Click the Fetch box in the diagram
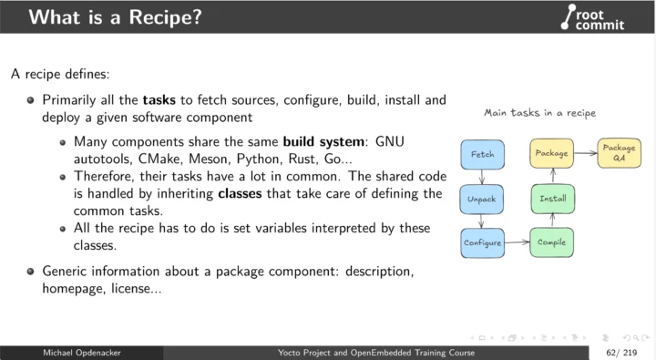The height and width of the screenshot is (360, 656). tap(482, 155)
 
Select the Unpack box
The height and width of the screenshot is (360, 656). tap(481, 198)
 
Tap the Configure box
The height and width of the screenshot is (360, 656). tap(483, 242)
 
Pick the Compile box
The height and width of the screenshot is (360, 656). tap(552, 242)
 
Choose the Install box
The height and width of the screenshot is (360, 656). tap(552, 198)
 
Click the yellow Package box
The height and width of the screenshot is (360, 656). tap(552, 153)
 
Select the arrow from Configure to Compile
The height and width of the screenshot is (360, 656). tap(517, 242)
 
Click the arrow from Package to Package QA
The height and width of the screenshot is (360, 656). tap(586, 153)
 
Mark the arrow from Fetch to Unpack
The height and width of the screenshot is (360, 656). tap(481, 177)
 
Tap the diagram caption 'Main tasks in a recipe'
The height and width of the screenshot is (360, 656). tap(539, 113)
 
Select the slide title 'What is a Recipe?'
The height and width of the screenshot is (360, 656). tap(103, 17)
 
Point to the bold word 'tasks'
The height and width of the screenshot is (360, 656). tap(161, 98)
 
